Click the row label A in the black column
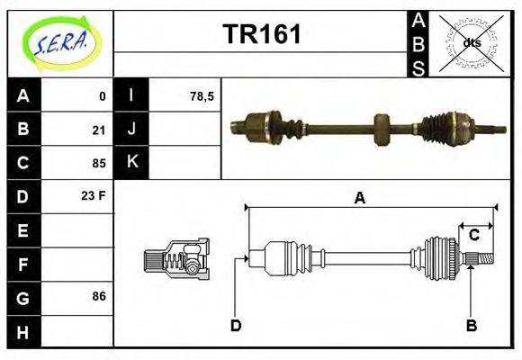[23, 95]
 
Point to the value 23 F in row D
[94, 195]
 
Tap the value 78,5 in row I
[202, 95]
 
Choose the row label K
[132, 162]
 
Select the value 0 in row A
[102, 95]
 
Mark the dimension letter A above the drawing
[359, 199]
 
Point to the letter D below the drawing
[235, 325]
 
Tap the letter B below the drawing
[471, 325]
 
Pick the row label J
[132, 129]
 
